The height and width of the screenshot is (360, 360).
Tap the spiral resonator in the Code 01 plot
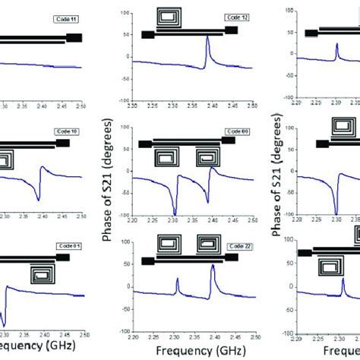43,274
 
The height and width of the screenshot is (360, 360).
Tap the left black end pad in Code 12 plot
147,35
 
